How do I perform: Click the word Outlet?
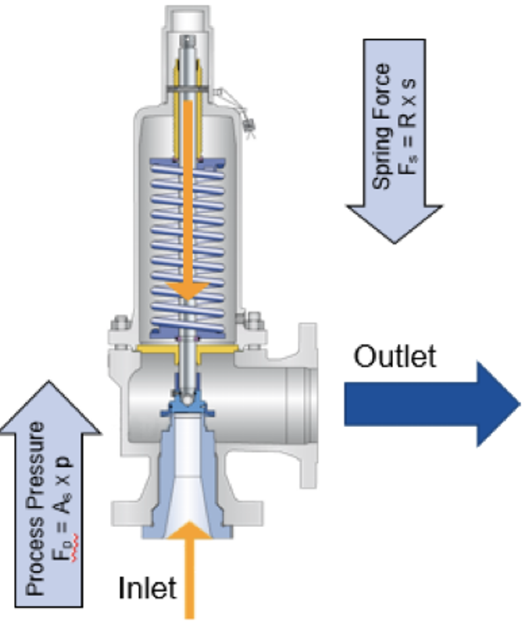tap(395, 355)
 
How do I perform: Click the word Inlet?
tap(147, 587)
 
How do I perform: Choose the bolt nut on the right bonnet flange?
tap(255, 320)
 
